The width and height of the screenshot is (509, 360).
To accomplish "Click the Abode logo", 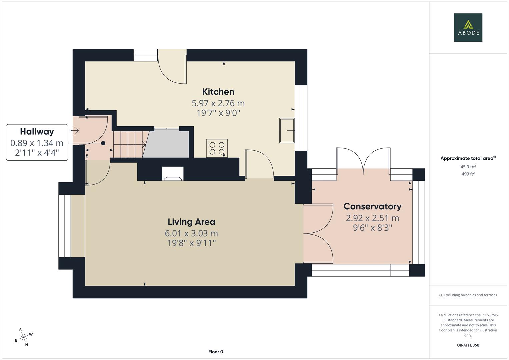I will (x=468, y=28).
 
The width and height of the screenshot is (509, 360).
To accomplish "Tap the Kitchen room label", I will (x=218, y=92).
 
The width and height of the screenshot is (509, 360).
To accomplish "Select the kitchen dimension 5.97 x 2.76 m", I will (x=218, y=103).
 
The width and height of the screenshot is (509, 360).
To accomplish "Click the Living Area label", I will (x=191, y=222).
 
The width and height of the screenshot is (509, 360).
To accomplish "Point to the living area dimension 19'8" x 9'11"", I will (x=191, y=243).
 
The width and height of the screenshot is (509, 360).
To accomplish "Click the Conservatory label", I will (x=372, y=206).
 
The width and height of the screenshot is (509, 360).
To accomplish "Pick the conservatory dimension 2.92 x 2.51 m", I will (x=372, y=218).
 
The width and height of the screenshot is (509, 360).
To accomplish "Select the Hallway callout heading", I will (x=37, y=132).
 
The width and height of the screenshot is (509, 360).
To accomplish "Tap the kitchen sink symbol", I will (x=287, y=130).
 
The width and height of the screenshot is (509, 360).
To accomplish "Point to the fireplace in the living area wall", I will (x=173, y=174).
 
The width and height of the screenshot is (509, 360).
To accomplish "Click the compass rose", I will (x=23, y=338).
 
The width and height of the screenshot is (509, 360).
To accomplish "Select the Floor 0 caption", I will (x=216, y=352).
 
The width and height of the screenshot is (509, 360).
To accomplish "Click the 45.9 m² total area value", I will (x=468, y=167).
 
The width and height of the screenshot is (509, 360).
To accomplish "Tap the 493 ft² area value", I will (x=468, y=174).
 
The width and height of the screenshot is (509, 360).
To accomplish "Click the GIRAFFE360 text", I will (x=468, y=345).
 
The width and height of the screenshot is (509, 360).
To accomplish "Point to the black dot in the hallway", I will (x=103, y=143).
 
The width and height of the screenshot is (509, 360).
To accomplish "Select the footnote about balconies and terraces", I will (x=468, y=295).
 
